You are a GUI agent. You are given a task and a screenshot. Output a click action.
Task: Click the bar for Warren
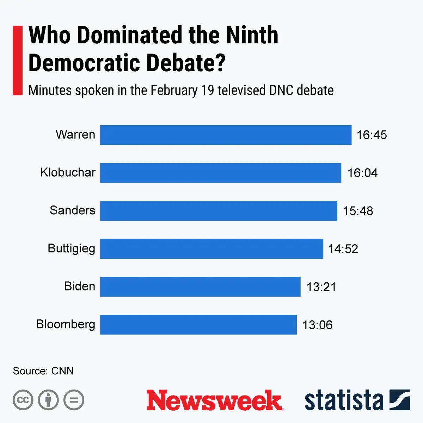[x=226, y=135]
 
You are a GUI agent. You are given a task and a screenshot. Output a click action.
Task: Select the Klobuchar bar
[x=221, y=173]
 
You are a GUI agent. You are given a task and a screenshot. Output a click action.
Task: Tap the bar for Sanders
[x=219, y=211]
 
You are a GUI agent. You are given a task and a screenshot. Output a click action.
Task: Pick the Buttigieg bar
[x=211, y=249]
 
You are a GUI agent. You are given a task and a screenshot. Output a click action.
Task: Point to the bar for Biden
[x=200, y=287]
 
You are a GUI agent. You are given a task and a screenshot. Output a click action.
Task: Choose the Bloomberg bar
[x=198, y=325]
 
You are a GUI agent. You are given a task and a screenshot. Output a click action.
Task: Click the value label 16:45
[x=372, y=135]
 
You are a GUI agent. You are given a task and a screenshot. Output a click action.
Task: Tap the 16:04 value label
[x=362, y=173]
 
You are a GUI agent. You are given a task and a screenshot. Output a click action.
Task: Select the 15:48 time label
[x=358, y=211]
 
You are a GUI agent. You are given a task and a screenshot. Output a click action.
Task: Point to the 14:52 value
[x=343, y=249]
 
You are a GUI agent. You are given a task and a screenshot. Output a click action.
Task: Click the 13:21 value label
[x=321, y=287]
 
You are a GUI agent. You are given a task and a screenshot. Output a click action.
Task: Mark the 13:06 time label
[x=317, y=325]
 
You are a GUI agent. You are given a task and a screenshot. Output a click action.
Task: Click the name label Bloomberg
[x=66, y=324]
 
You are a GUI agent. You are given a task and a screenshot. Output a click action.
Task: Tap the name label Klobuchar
[x=68, y=172]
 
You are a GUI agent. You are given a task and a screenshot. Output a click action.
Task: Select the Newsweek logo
[x=214, y=400]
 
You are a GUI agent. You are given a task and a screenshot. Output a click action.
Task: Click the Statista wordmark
[x=344, y=400]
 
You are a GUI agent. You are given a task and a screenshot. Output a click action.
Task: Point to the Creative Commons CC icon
[x=23, y=400]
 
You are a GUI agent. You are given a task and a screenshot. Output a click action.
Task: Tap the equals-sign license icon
[x=74, y=400]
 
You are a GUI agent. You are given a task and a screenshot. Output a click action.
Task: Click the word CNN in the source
[x=62, y=371]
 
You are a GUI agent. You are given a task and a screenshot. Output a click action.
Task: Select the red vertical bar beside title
[x=18, y=60]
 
